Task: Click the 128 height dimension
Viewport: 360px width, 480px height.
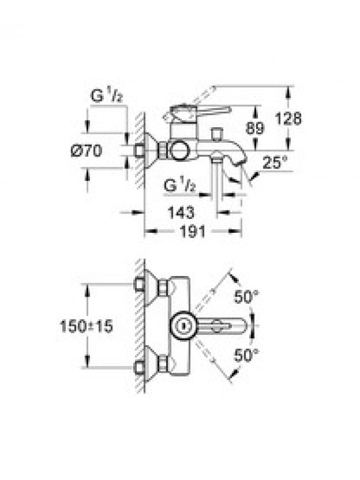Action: tap(288, 118)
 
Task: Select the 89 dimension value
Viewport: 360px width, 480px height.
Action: tap(254, 128)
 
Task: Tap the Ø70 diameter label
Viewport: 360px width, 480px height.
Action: tap(86, 151)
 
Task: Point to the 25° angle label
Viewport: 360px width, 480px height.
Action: tap(275, 162)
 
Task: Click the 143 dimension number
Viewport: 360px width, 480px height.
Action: tap(181, 212)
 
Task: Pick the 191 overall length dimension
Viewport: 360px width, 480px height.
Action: tap(193, 232)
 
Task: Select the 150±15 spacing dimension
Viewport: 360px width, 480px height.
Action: tap(86, 326)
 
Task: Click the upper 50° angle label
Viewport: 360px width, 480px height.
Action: tap(246, 296)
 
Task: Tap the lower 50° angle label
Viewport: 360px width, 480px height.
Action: tap(246, 355)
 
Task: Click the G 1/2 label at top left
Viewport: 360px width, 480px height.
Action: tap(107, 96)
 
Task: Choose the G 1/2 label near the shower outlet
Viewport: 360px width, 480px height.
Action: tap(179, 185)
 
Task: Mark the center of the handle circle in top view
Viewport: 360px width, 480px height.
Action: tap(184, 325)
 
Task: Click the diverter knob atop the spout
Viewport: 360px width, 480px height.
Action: tap(217, 134)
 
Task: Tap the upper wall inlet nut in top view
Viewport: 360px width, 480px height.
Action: tap(139, 284)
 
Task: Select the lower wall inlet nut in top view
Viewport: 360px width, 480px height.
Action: tap(139, 367)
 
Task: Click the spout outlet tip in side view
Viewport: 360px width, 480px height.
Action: tap(238, 163)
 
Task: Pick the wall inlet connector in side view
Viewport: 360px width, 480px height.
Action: tap(139, 151)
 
